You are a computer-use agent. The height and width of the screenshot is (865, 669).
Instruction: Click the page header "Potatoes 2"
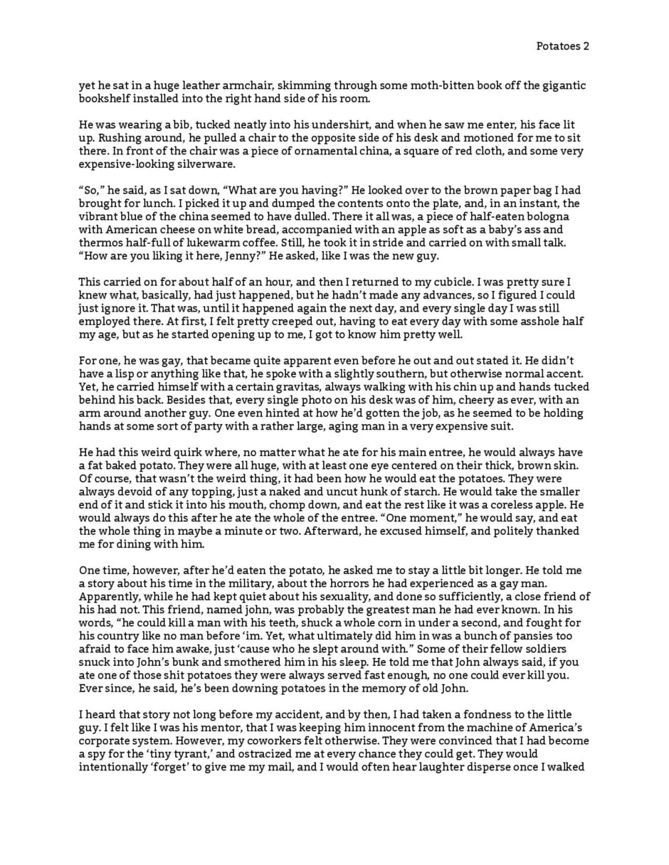click(x=562, y=46)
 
